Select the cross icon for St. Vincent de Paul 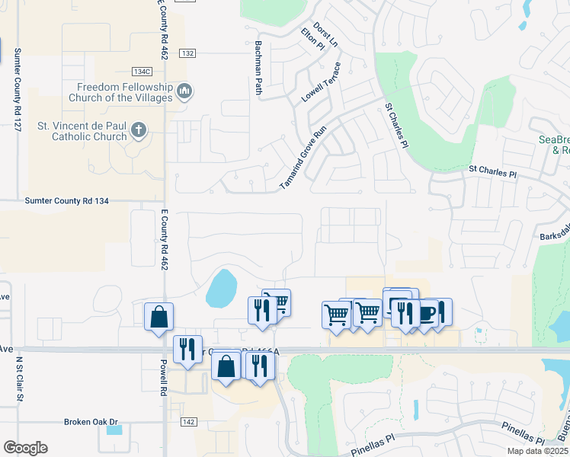(x=138, y=130)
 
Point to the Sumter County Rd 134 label (x=67, y=201)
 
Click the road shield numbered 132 (x=188, y=53)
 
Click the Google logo (x=25, y=448)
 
